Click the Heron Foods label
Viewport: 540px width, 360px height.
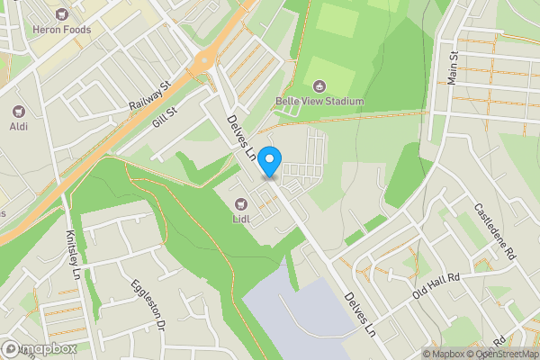pyautogui.click(x=61, y=30)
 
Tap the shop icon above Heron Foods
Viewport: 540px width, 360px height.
pyautogui.click(x=61, y=14)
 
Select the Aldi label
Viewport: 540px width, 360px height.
pyautogui.click(x=17, y=128)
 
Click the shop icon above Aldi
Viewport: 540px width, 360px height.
pyautogui.click(x=17, y=112)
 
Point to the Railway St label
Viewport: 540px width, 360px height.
pyautogui.click(x=149, y=96)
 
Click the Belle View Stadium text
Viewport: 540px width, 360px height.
pyautogui.click(x=319, y=101)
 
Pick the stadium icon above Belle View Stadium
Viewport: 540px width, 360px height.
pyautogui.click(x=319, y=85)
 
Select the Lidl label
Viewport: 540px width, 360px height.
pyautogui.click(x=240, y=217)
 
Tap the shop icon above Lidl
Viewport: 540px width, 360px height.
pyautogui.click(x=240, y=202)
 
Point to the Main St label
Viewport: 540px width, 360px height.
pyautogui.click(x=454, y=68)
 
